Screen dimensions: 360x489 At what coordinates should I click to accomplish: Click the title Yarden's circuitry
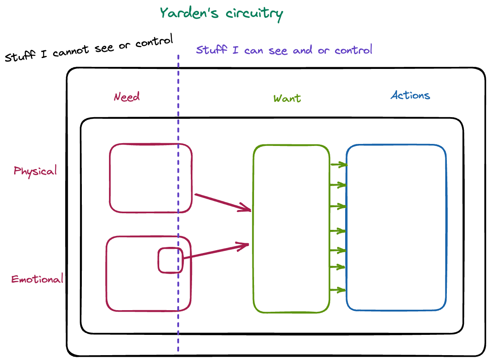pos(221,13)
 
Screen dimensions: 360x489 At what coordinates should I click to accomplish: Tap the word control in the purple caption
pos(353,50)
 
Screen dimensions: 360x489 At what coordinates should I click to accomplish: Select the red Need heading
pos(127,97)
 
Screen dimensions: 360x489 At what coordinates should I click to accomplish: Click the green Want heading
pos(287,99)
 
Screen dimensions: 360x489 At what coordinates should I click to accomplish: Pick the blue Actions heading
pos(410,96)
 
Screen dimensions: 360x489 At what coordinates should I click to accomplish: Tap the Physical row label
pos(35,171)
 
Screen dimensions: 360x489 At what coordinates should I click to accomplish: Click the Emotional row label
pos(37,279)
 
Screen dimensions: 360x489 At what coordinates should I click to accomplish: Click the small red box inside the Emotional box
pos(170,260)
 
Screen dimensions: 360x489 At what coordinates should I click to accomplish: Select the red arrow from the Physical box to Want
pos(223,202)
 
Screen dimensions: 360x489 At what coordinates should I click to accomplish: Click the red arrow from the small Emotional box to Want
pos(215,251)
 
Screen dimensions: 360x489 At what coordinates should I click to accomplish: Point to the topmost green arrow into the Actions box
pos(339,165)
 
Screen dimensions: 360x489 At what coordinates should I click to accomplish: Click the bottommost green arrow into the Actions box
pos(338,290)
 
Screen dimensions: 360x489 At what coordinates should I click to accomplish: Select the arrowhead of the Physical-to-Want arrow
pos(246,208)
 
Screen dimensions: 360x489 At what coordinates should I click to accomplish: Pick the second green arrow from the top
pos(339,185)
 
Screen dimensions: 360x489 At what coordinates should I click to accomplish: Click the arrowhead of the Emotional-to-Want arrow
pos(244,245)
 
